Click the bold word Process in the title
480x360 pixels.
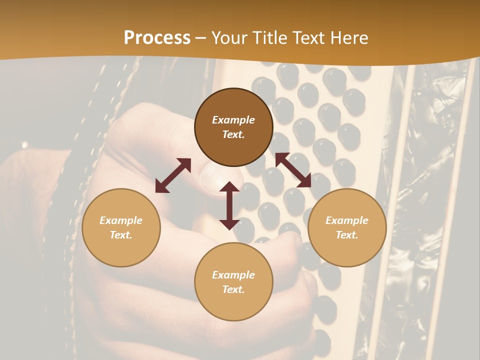157,38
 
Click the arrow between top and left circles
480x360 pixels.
173,175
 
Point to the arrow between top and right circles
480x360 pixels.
293,170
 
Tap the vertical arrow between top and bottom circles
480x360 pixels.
229,205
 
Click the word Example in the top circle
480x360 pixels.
233,120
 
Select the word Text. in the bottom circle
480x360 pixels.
233,289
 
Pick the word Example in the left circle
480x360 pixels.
121,220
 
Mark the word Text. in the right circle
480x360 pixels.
347,235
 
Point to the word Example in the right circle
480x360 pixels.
347,220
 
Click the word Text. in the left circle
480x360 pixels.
121,235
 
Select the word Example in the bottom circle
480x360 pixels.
233,275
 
